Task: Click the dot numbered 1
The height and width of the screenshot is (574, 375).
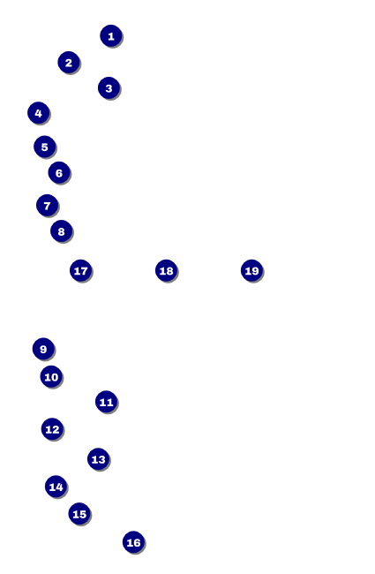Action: tap(111, 36)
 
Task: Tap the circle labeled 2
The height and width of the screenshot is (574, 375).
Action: tap(69, 62)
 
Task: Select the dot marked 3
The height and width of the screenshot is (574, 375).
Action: tap(109, 87)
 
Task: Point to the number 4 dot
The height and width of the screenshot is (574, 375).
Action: tap(39, 113)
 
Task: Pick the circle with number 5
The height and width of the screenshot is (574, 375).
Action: tap(44, 147)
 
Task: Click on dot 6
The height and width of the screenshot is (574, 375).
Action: tap(59, 172)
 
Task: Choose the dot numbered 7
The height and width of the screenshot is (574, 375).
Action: tap(47, 206)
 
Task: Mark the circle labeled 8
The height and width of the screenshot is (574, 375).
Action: tap(61, 231)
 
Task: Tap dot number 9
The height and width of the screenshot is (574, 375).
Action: tap(43, 349)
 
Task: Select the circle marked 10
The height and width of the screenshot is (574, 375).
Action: tap(51, 376)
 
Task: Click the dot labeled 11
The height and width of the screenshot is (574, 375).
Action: tap(106, 402)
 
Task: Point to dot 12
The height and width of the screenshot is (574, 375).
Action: tap(52, 428)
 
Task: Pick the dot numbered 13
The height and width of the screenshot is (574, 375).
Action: tap(98, 458)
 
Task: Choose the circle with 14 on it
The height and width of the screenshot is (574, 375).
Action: tap(56, 487)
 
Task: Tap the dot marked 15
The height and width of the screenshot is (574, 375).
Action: tap(79, 514)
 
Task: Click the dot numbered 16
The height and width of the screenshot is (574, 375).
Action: tap(133, 542)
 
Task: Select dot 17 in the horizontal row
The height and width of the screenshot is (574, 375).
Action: tap(80, 270)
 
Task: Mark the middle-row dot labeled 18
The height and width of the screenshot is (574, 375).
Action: tap(166, 270)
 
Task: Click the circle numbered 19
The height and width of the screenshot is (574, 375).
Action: tap(251, 270)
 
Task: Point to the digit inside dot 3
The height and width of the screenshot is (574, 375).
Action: tap(109, 88)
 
